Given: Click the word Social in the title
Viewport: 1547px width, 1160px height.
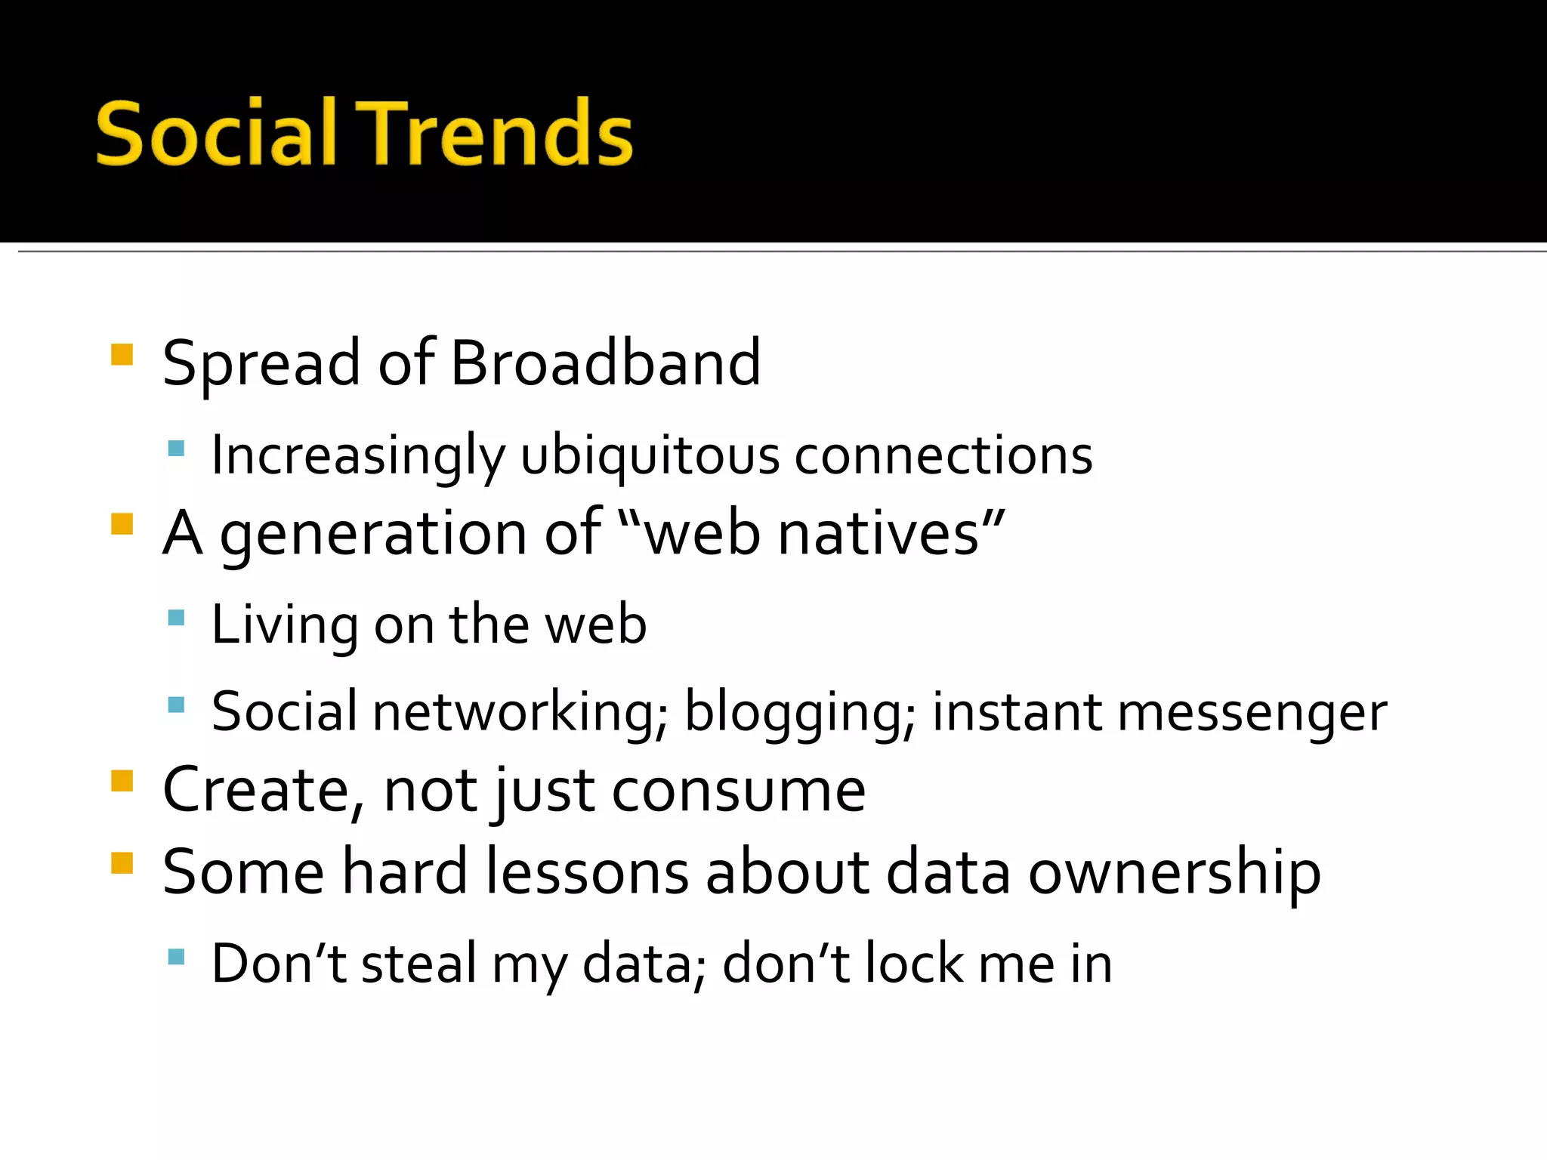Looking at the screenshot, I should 215,134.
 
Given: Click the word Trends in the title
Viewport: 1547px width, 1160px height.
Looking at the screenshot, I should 495,134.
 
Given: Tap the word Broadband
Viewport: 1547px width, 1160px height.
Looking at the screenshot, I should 605,363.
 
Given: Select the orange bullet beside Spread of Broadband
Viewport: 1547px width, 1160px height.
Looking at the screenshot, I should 122,354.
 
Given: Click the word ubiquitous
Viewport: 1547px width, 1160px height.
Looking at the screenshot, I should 650,456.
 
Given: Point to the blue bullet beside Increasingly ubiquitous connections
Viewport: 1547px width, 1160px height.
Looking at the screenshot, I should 176,449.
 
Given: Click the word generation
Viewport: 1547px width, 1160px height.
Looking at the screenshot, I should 373,534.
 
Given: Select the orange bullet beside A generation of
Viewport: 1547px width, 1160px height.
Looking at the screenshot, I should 122,523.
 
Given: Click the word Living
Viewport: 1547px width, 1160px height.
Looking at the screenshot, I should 284,625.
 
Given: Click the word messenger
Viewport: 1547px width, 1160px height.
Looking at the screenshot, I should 1252,712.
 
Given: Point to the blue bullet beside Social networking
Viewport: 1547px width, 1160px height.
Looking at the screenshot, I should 176,705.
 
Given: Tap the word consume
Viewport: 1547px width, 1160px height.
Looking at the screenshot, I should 738,791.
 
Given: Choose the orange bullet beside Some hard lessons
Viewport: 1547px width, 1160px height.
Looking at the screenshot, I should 122,862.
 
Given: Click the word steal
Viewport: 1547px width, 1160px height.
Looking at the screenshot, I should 419,964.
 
